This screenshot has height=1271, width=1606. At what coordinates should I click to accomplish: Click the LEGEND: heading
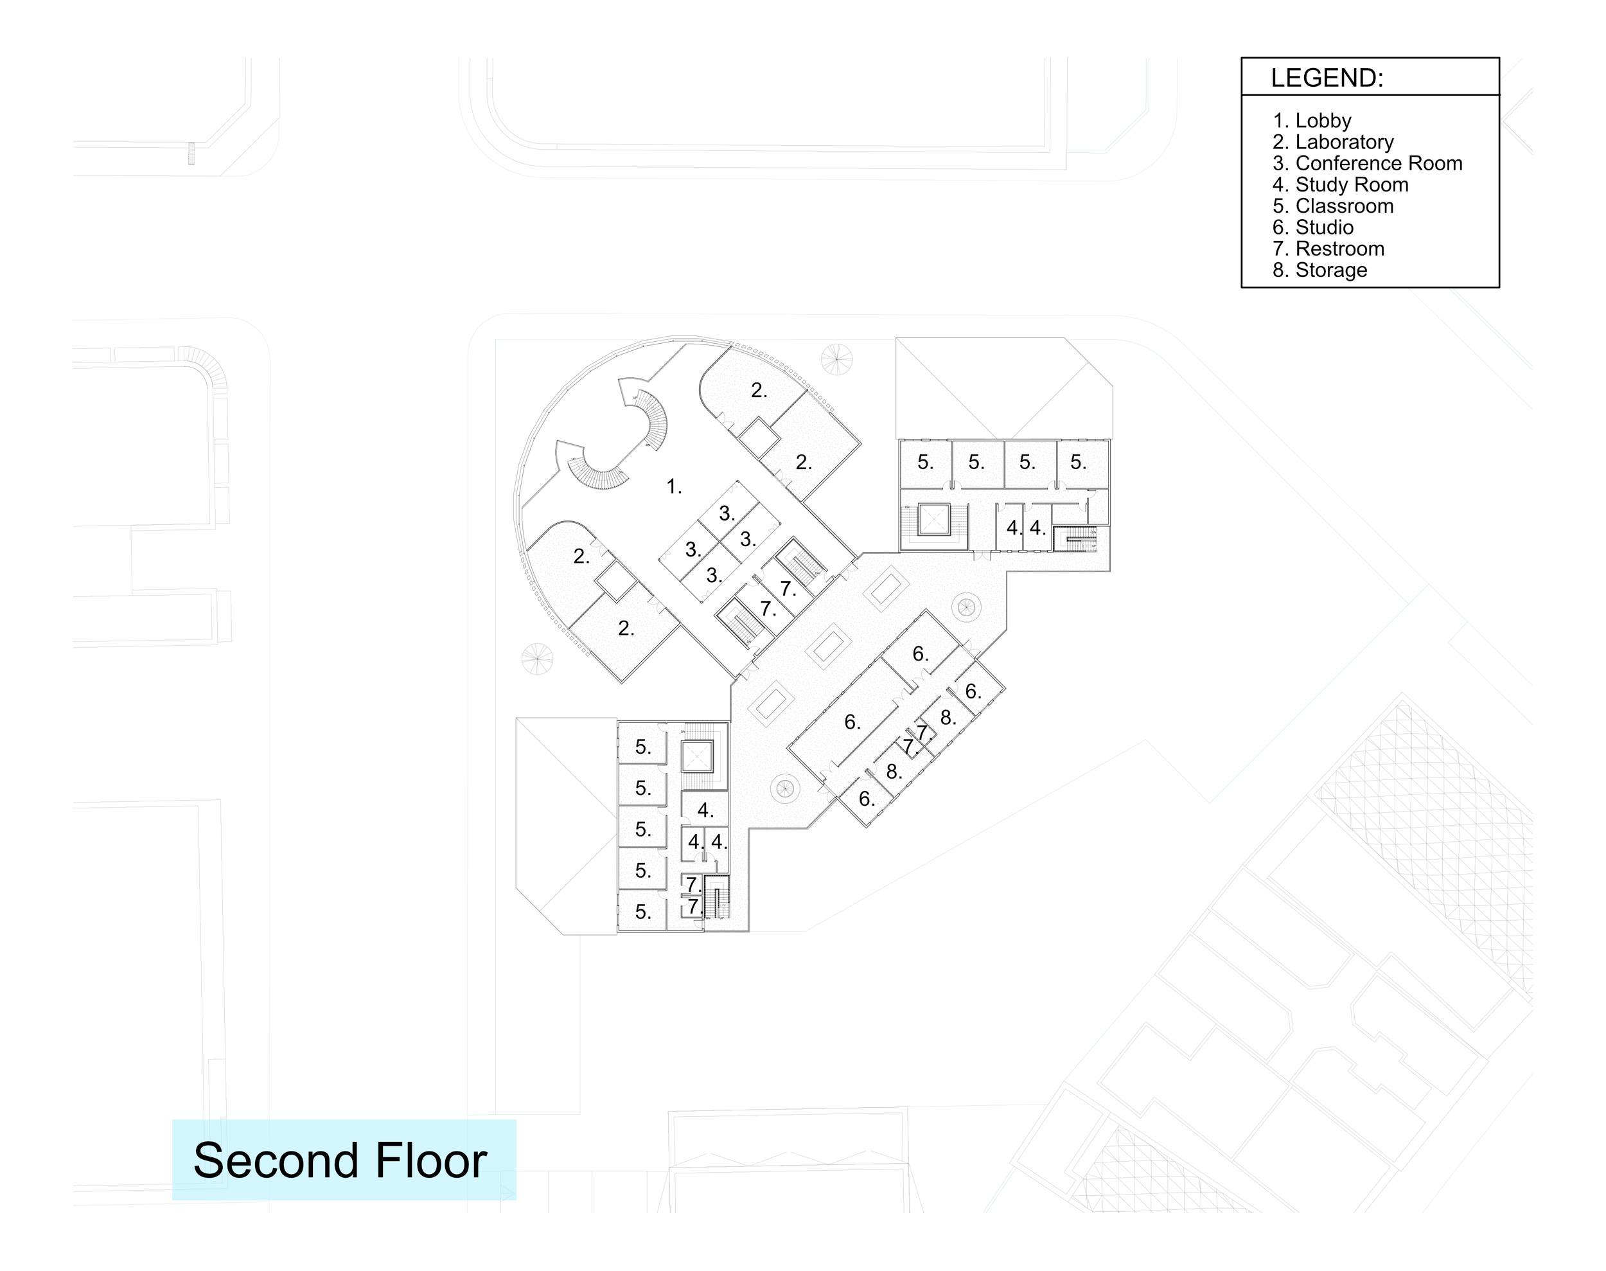(x=1327, y=78)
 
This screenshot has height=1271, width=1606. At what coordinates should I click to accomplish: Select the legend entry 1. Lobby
(x=1312, y=121)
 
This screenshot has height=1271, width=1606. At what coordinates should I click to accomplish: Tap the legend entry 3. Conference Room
(x=1367, y=164)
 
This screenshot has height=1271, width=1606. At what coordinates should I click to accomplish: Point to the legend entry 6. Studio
(x=1313, y=227)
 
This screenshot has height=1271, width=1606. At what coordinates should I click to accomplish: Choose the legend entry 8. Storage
(x=1319, y=270)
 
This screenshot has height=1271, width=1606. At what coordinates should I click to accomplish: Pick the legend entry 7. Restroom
(x=1328, y=249)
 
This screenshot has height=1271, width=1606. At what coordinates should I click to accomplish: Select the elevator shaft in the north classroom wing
(x=933, y=519)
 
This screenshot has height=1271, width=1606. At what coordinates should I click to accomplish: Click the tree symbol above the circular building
(x=836, y=359)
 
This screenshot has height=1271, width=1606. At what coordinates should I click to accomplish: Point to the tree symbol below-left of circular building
(x=537, y=658)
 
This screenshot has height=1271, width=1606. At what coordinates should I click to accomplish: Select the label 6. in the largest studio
(x=852, y=722)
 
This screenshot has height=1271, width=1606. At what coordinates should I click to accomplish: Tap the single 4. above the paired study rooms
(x=705, y=810)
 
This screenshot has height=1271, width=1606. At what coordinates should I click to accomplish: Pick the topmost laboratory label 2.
(x=759, y=390)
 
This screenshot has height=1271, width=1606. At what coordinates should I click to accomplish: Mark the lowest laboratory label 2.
(x=626, y=629)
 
